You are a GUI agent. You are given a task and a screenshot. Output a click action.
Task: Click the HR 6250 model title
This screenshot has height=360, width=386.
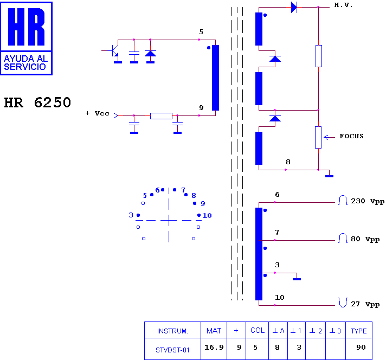[37, 102]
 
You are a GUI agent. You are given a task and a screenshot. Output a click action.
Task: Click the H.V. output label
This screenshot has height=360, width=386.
[343, 5]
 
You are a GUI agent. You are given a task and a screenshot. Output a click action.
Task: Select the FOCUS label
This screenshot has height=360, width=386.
[351, 136]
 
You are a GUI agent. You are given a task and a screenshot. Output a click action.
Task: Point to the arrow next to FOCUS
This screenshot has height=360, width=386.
[329, 137]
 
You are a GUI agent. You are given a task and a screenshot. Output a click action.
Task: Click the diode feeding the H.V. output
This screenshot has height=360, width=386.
[294, 7]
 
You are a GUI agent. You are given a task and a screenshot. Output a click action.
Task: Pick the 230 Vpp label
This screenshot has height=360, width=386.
[368, 201]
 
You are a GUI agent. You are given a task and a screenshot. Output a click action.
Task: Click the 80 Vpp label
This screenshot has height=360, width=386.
[365, 239]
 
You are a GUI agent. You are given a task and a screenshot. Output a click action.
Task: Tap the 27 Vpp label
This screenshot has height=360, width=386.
[365, 304]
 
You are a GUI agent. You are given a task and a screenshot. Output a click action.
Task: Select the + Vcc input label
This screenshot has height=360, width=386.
[97, 113]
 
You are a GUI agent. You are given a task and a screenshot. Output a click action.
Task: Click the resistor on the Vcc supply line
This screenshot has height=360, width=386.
[161, 115]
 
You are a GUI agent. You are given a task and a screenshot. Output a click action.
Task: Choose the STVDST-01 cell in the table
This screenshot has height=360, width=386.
[172, 350]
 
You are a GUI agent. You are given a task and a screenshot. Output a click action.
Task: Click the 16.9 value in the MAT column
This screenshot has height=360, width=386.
[214, 347]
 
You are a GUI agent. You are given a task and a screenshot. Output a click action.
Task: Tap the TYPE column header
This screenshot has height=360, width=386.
[359, 331]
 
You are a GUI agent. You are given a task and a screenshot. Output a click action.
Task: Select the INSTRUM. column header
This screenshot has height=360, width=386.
[172, 331]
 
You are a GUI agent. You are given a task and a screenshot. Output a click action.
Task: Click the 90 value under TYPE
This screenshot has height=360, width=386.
[361, 347]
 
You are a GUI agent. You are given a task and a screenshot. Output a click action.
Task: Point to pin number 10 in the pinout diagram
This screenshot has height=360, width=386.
[207, 216]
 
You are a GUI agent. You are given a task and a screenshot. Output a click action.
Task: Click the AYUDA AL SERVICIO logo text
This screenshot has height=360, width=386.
[25, 62]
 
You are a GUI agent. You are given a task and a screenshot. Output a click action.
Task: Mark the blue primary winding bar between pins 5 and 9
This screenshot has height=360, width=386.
[215, 78]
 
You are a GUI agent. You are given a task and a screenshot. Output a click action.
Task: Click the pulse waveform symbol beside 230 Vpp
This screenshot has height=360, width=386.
[343, 200]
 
